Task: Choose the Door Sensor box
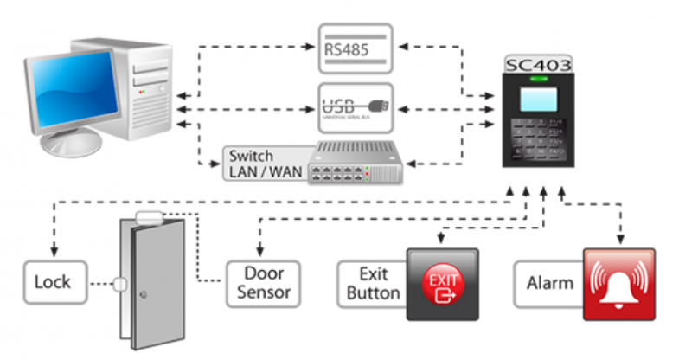tap(264, 282)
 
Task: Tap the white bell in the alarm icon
tap(619, 284)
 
